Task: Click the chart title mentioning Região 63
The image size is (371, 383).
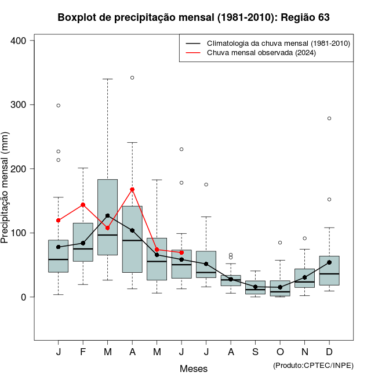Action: [x=194, y=17]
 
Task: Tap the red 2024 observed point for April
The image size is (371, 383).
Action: [x=132, y=189]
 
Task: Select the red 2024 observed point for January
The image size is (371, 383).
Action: [x=59, y=221]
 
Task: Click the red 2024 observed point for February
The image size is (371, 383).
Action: [x=83, y=205]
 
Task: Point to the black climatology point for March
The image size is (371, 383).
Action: [x=108, y=216]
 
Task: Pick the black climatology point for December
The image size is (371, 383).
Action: [x=329, y=262]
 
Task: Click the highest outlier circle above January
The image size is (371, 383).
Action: [x=59, y=106]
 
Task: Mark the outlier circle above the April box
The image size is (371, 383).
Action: [x=132, y=77]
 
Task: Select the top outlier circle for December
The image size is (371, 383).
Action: [x=329, y=118]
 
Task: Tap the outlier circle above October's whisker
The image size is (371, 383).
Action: [x=280, y=243]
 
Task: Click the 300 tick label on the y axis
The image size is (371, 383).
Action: [x=19, y=105]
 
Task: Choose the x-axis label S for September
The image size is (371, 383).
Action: [x=256, y=352]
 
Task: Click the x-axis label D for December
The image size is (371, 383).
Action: [x=329, y=352]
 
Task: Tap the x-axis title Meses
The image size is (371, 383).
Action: [x=194, y=368]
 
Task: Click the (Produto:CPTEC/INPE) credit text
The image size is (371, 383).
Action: [x=313, y=365]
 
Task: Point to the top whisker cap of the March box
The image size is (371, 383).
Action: [x=108, y=79]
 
